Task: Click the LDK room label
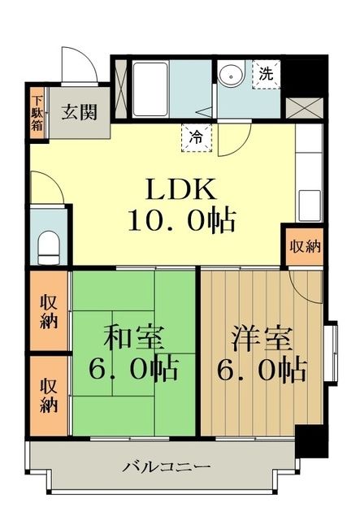(x=180, y=189)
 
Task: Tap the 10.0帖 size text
(x=180, y=219)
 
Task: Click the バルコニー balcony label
(x=168, y=467)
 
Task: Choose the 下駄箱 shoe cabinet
(x=37, y=110)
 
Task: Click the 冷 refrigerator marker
(x=197, y=137)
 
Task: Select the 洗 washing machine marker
(x=266, y=72)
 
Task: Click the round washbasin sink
(x=229, y=74)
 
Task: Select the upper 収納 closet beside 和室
(x=50, y=310)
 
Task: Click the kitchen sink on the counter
(x=309, y=203)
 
